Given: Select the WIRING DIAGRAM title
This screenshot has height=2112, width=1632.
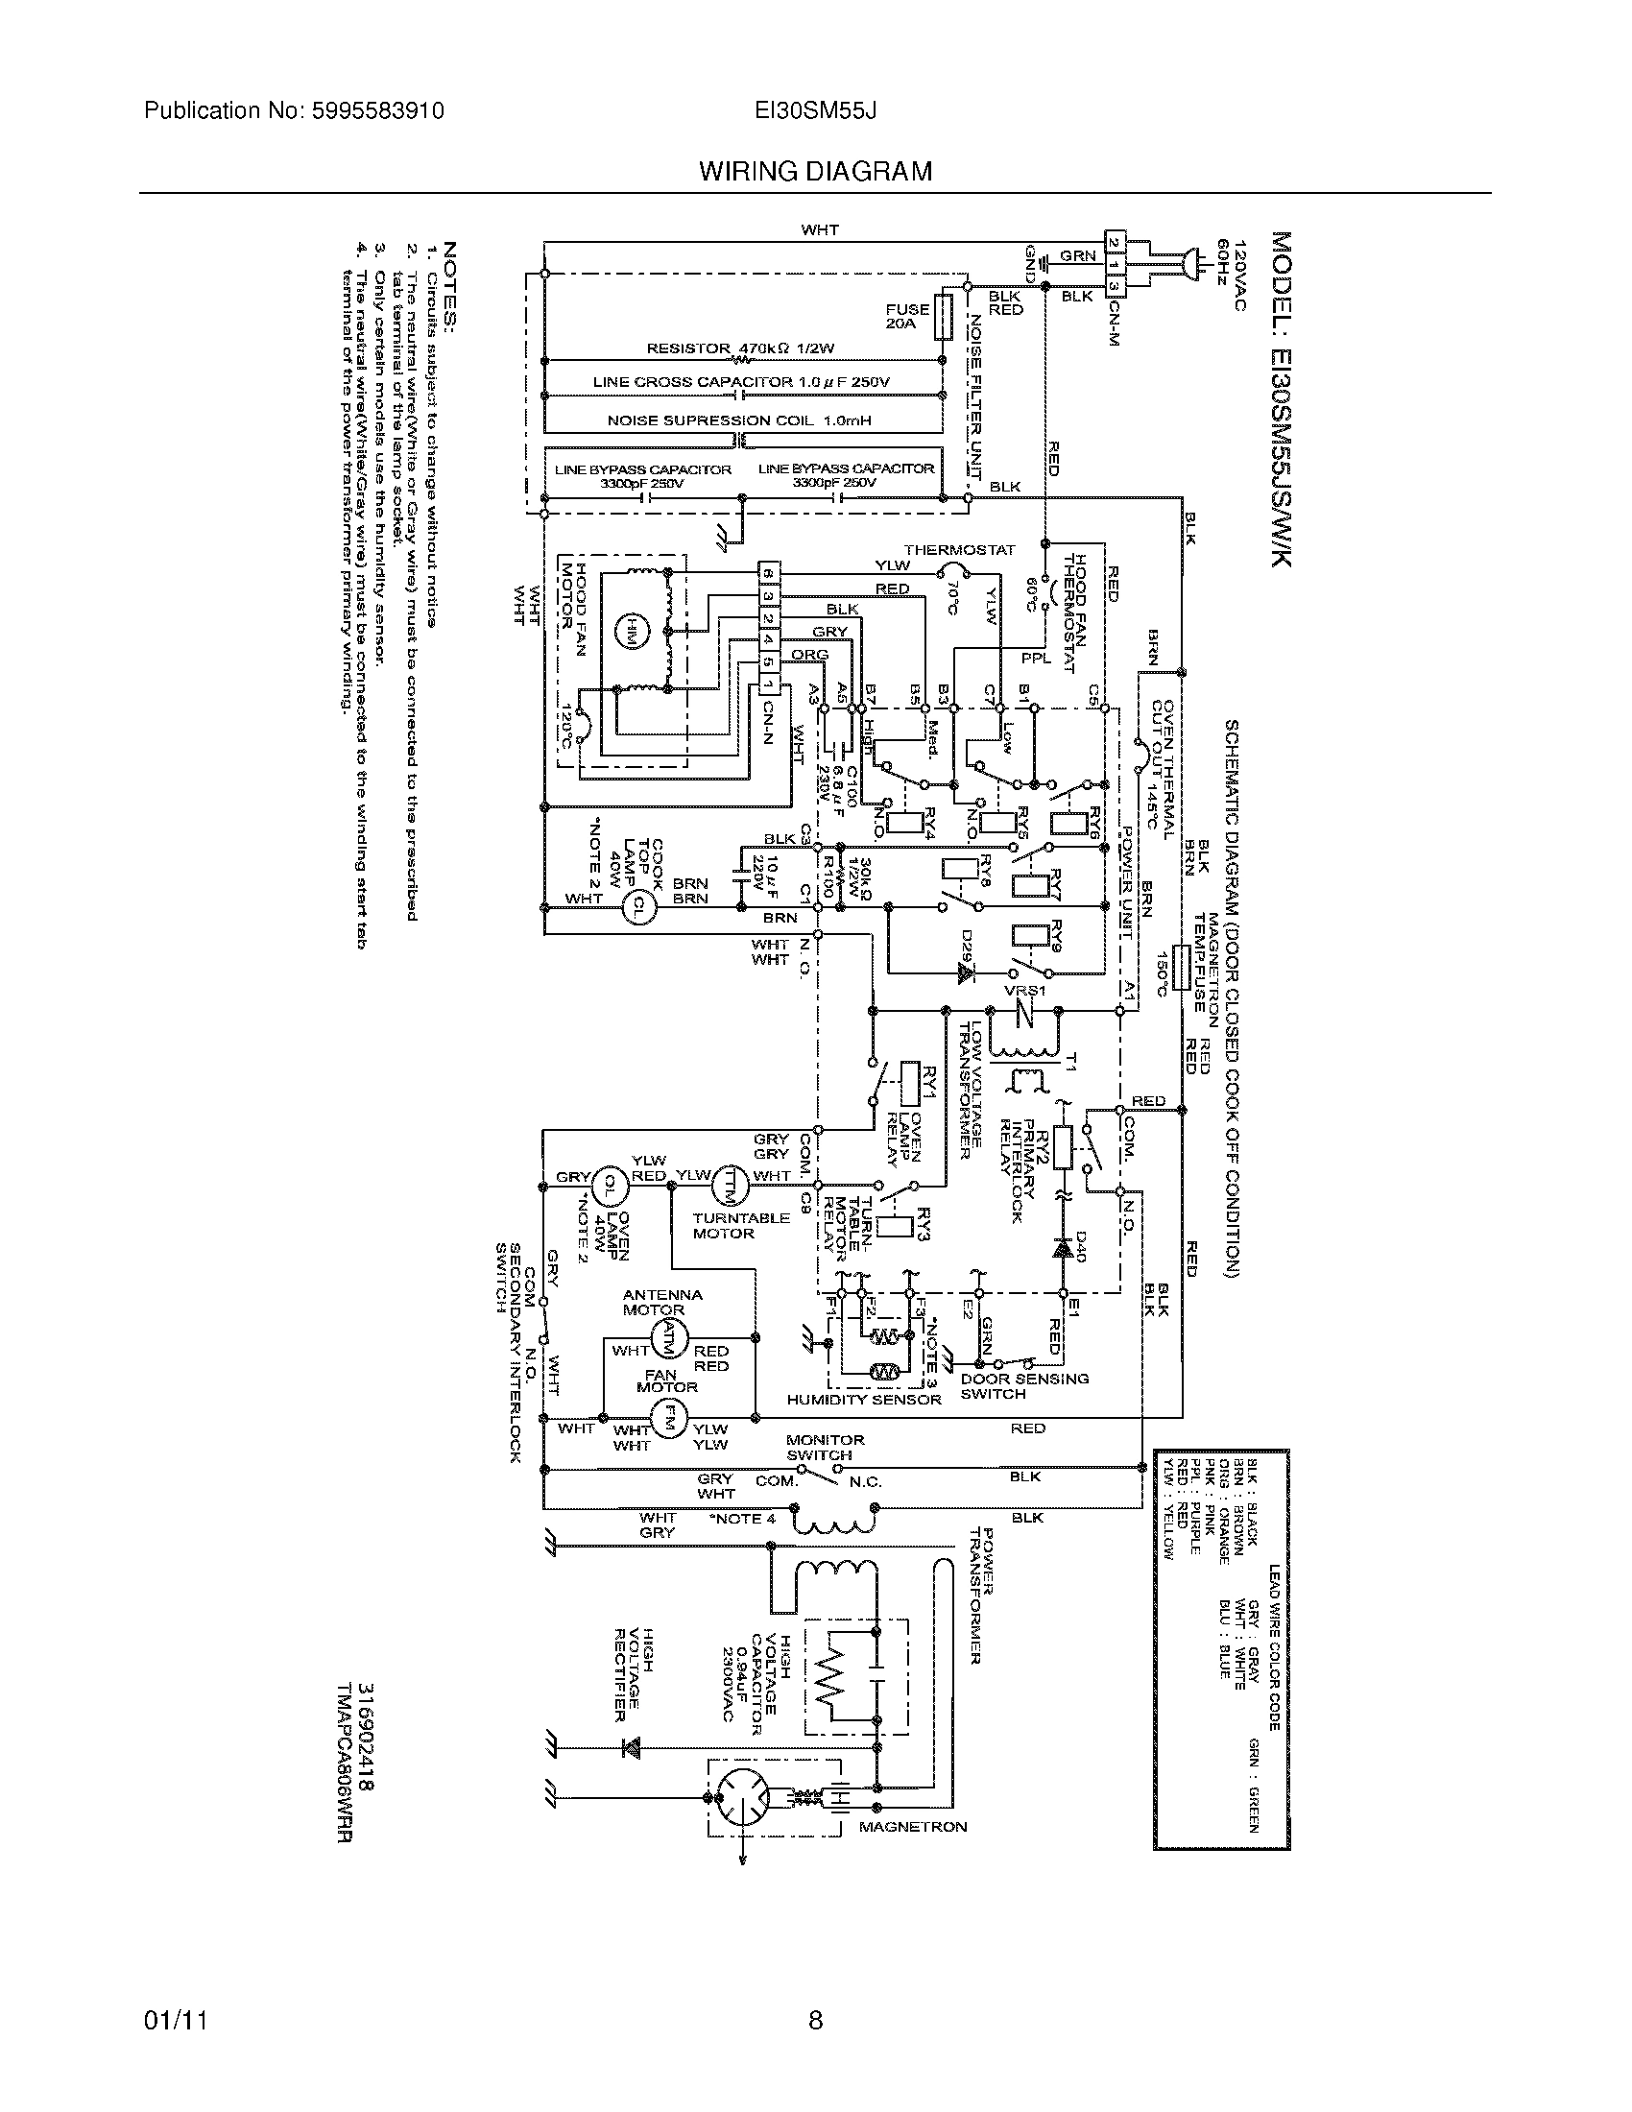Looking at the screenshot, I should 815,172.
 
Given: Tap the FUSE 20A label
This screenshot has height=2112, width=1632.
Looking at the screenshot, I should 907,317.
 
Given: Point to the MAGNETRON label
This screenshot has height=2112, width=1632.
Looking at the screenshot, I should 912,1827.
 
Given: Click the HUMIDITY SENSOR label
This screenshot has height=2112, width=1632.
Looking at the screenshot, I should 862,1400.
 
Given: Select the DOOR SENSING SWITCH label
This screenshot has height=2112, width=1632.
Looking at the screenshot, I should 1023,1385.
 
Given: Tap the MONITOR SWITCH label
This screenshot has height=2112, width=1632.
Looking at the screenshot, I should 825,1447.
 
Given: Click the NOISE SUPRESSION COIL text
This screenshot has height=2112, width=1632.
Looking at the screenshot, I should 738,420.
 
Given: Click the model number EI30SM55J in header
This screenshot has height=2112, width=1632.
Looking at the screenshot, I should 815,111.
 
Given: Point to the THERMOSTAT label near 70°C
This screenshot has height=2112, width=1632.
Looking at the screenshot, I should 959,550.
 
